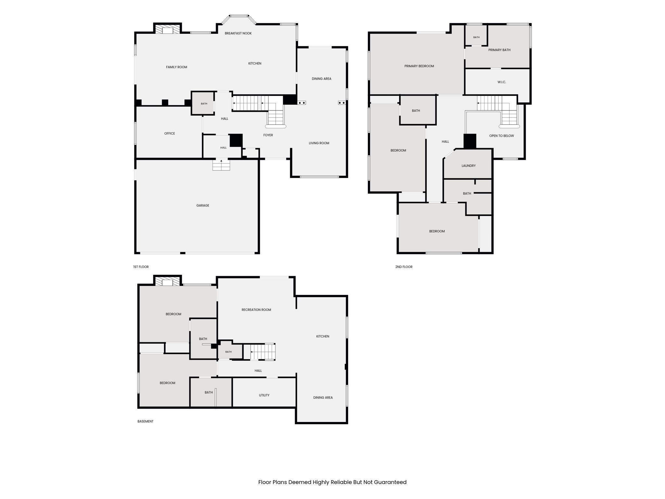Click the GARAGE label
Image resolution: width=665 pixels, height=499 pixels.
pyautogui.click(x=203, y=205)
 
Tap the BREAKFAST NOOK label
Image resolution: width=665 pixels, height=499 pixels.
pyautogui.click(x=238, y=33)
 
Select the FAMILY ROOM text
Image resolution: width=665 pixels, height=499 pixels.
pyautogui.click(x=177, y=67)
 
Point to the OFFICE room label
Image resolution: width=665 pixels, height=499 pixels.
pyautogui.click(x=169, y=134)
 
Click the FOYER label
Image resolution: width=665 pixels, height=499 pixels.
pyautogui.click(x=268, y=135)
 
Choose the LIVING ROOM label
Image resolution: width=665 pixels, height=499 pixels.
pyautogui.click(x=319, y=143)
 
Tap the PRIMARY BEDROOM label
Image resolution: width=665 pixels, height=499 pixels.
pyautogui.click(x=419, y=66)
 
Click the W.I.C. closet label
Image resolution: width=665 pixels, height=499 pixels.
pyautogui.click(x=502, y=82)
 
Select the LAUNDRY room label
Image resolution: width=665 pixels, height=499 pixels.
pyautogui.click(x=469, y=166)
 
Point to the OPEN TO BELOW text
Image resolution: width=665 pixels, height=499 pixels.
pyautogui.click(x=502, y=136)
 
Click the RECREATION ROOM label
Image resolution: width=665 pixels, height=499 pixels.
pyautogui.click(x=256, y=310)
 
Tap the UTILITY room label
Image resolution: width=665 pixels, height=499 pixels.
pyautogui.click(x=264, y=395)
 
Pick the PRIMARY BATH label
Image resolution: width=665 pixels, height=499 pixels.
pyautogui.click(x=499, y=50)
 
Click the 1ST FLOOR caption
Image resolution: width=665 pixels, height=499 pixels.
pyautogui.click(x=141, y=267)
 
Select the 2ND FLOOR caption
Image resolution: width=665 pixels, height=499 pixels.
pyautogui.click(x=404, y=267)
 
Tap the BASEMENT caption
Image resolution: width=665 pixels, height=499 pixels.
pyautogui.click(x=145, y=421)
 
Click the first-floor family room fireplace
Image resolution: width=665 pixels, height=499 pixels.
pyautogui.click(x=168, y=30)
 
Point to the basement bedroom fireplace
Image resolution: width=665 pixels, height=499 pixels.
pyautogui.click(x=168, y=281)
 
